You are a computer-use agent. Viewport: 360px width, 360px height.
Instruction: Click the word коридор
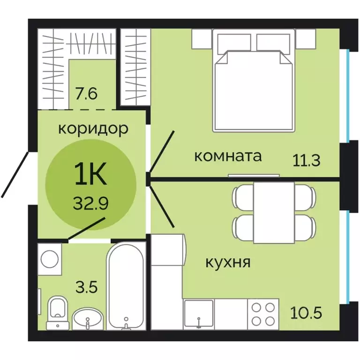coord(93,129)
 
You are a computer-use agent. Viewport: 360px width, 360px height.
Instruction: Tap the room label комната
coord(227,156)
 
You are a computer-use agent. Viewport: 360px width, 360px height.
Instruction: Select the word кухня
coord(228,262)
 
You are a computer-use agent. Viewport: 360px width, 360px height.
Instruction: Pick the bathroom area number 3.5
coord(86,286)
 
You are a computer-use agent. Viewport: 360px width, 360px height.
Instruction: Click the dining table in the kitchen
coord(274,212)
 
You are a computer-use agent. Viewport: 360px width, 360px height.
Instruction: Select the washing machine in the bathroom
coord(50,258)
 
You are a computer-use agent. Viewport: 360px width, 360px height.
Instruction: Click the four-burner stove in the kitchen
coord(262,313)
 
